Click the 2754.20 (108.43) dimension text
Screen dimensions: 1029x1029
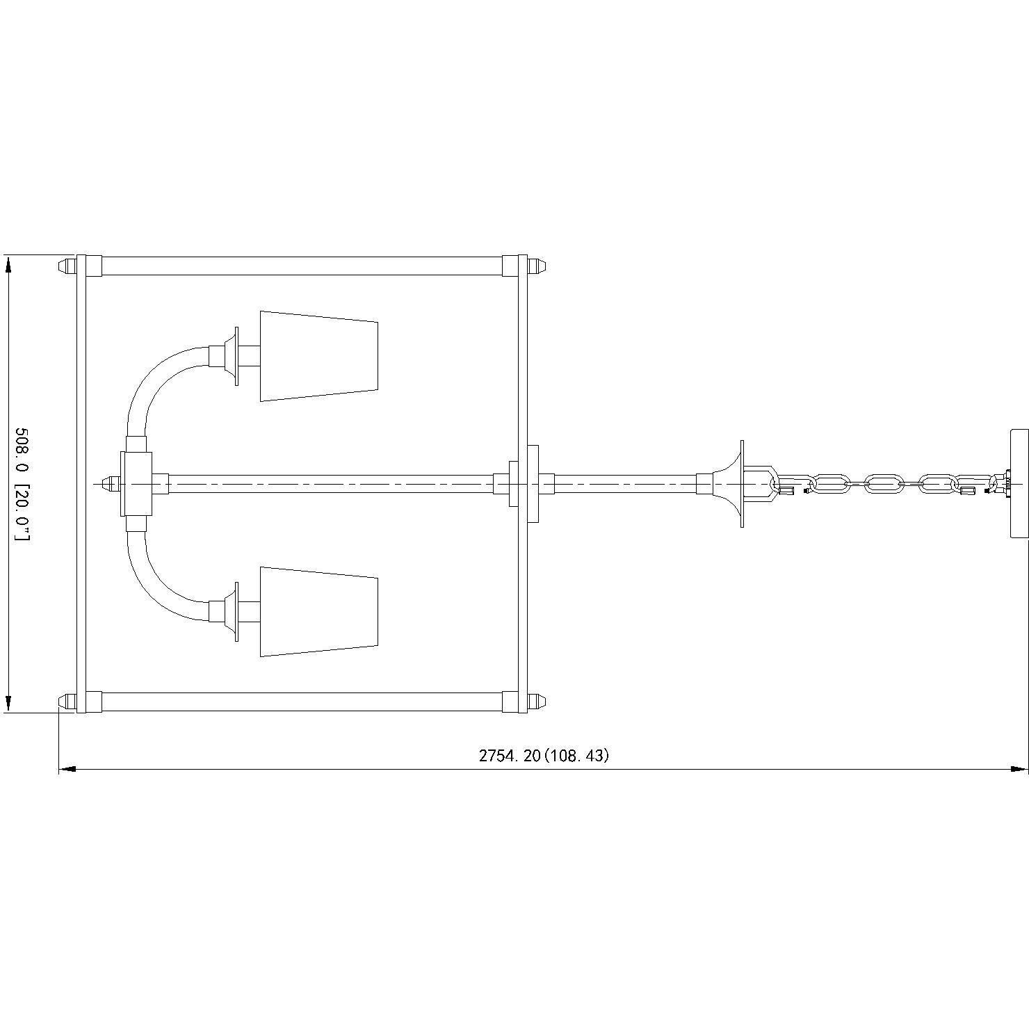click(543, 756)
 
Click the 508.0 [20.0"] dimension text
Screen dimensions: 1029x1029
click(22, 484)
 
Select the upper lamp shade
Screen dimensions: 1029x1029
click(318, 356)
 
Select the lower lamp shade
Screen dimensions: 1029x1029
click(318, 612)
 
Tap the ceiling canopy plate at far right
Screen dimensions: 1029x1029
click(1018, 484)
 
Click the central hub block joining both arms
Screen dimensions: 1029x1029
click(136, 484)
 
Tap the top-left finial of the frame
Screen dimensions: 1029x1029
click(65, 266)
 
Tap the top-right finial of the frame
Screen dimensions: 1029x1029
click(537, 266)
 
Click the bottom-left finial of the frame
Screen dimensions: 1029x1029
click(65, 702)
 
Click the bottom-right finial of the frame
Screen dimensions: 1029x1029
click(537, 702)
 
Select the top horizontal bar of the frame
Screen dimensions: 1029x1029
click(301, 266)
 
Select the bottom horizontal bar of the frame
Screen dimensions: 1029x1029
click(301, 702)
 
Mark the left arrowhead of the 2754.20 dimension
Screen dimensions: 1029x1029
click(67, 769)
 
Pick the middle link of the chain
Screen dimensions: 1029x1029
click(882, 484)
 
